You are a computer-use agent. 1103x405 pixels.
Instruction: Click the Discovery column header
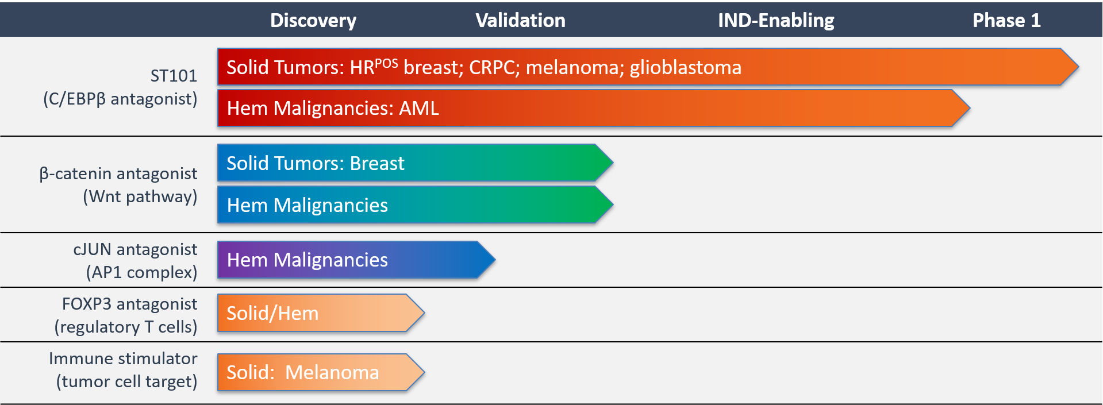(x=313, y=21)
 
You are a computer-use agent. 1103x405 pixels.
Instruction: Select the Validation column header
(x=520, y=21)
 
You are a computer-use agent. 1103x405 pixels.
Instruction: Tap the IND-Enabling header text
(x=776, y=21)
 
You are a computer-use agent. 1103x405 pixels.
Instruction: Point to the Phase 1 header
(x=1006, y=21)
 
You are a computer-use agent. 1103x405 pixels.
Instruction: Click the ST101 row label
(x=174, y=76)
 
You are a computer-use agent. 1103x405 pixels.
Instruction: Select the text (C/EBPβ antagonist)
(x=120, y=99)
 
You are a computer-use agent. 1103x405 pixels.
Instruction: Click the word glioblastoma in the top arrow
(x=685, y=68)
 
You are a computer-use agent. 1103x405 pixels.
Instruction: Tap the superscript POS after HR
(x=386, y=63)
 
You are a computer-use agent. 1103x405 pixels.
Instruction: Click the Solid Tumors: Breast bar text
(x=316, y=164)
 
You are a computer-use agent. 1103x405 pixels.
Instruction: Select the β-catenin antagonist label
(x=118, y=173)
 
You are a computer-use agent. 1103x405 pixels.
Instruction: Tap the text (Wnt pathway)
(x=140, y=196)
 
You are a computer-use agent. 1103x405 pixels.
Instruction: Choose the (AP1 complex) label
(x=141, y=272)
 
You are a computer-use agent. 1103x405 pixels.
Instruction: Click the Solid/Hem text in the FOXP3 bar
(x=272, y=314)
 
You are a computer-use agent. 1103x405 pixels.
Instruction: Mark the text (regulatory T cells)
(x=126, y=327)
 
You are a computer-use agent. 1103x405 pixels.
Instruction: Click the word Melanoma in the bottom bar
(x=332, y=373)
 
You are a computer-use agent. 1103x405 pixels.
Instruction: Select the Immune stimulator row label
(x=123, y=358)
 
